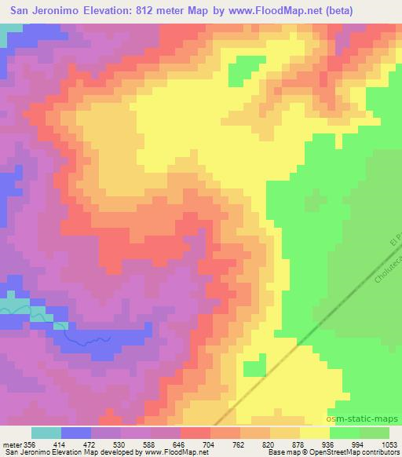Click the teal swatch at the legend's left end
pyautogui.click(x=46, y=433)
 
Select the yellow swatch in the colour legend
pyautogui.click(x=314, y=433)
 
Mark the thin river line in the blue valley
pyautogui.click(x=86, y=339)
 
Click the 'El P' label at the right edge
pyautogui.click(x=395, y=235)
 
